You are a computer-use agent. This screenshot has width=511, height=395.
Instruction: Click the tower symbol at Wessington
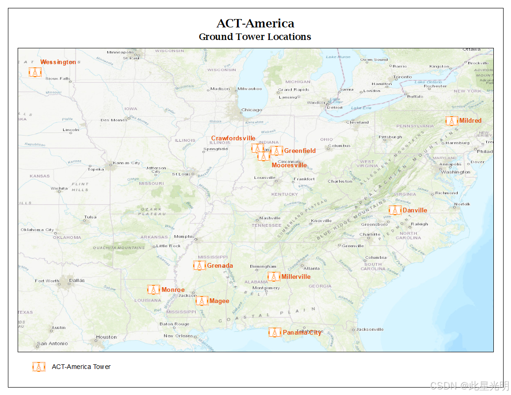(x=35, y=72)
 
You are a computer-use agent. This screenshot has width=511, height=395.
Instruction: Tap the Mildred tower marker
(x=451, y=121)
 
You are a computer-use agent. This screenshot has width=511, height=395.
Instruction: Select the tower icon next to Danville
(x=395, y=211)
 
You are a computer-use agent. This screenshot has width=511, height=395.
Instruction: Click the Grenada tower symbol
(x=199, y=265)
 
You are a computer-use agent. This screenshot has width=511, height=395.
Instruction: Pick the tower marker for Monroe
(x=153, y=290)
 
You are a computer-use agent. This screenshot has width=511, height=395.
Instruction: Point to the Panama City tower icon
(x=275, y=332)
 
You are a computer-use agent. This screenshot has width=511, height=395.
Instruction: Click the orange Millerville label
(x=296, y=276)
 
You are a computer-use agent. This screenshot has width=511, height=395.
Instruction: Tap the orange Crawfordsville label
(x=233, y=138)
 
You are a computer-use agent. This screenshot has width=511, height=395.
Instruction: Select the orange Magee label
(x=219, y=301)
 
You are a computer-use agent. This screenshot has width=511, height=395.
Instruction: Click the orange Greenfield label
(x=300, y=151)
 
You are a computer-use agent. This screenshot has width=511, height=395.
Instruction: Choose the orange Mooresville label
(x=289, y=165)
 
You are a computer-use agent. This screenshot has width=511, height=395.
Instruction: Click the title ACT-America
(x=255, y=23)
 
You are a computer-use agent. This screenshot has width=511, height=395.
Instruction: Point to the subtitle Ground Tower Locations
(x=255, y=37)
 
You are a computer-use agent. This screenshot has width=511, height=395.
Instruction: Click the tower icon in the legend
(x=39, y=367)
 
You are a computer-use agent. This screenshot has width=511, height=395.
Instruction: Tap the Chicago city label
(x=251, y=110)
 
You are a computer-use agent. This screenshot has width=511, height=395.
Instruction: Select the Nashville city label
(x=270, y=217)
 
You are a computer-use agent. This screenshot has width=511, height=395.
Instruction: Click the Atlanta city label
(x=311, y=268)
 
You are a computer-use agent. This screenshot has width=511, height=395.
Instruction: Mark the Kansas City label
(x=126, y=163)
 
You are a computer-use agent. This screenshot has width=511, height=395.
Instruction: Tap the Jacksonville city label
(x=370, y=329)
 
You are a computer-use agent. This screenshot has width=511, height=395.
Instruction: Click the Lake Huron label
(x=338, y=57)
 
